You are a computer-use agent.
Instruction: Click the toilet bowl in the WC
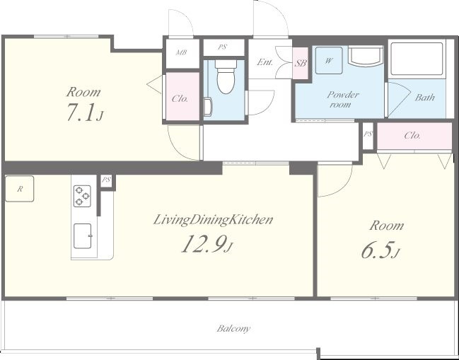(226, 76)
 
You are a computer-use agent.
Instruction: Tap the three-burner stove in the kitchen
(82, 196)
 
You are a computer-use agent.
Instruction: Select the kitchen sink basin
(83, 236)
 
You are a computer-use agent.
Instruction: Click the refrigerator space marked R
(20, 189)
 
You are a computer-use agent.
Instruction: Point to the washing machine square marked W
(329, 61)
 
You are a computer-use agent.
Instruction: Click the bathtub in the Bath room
(417, 59)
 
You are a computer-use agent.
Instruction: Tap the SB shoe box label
(301, 63)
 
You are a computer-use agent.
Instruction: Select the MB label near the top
(182, 52)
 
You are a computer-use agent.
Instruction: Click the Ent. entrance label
(265, 62)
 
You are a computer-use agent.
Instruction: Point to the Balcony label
(233, 329)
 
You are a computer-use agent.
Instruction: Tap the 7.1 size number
(81, 112)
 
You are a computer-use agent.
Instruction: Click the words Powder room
(342, 99)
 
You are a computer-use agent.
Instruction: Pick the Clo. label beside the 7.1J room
(180, 98)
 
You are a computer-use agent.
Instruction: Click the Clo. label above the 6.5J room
(412, 136)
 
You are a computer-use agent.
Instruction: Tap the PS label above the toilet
(223, 47)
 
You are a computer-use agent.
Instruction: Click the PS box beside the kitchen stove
(106, 180)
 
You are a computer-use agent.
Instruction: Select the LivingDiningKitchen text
(213, 220)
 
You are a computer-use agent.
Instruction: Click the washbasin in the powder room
(366, 56)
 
